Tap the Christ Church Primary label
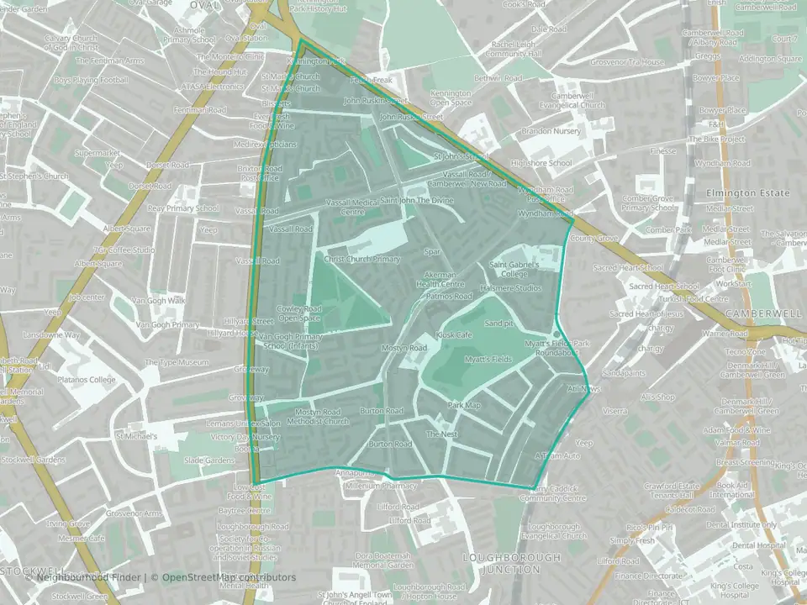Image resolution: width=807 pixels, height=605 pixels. (x=362, y=259)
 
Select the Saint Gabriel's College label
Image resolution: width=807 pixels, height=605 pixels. (x=509, y=269)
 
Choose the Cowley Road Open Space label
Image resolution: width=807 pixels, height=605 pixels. (x=300, y=313)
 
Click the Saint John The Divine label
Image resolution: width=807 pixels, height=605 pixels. (x=417, y=201)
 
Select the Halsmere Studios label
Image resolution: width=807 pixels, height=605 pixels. (x=510, y=288)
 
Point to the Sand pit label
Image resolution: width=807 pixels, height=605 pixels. (x=498, y=324)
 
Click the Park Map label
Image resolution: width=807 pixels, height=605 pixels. (x=463, y=406)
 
